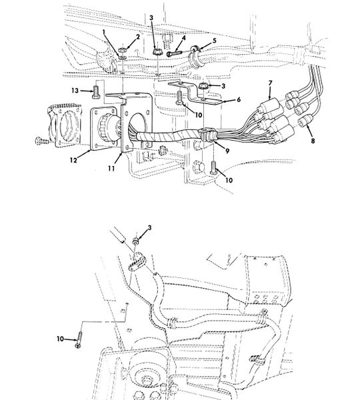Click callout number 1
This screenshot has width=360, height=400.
point(103,31)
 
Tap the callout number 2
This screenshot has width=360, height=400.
point(138,37)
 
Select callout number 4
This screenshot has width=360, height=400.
point(183,38)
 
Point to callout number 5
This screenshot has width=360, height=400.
point(214,41)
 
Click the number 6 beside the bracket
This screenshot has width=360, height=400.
point(239,99)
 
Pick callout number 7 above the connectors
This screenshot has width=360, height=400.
point(270,83)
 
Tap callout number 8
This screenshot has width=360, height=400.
point(313,141)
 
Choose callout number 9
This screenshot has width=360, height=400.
point(227,151)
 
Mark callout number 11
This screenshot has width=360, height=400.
point(111,169)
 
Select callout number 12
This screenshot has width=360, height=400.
point(73,160)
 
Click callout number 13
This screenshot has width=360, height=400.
point(75,91)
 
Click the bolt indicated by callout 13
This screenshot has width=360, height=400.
point(96,91)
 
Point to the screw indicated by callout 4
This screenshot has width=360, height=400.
point(174,53)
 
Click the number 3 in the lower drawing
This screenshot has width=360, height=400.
point(149,227)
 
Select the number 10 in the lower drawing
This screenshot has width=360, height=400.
point(60,339)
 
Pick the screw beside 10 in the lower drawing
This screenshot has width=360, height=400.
point(79,339)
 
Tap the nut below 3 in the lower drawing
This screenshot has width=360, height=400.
point(135,240)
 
